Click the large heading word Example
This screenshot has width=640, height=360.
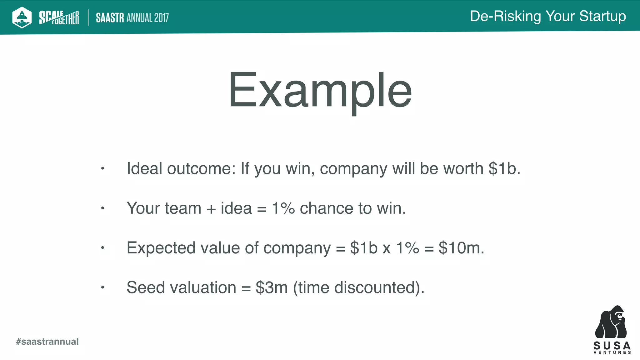[320, 91]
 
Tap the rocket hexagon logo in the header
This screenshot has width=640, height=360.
[22, 17]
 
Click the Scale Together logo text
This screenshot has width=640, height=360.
[59, 17]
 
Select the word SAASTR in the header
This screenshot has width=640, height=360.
[110, 18]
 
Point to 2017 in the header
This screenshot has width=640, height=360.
[161, 18]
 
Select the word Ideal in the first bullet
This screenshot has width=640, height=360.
[144, 169]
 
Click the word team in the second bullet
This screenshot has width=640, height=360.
[183, 208]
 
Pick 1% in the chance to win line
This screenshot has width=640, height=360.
[283, 208]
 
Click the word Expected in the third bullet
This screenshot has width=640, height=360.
[161, 248]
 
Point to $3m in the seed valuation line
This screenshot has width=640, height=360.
[272, 287]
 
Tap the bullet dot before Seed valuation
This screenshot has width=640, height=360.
[102, 287]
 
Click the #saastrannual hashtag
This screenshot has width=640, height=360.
[47, 342]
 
